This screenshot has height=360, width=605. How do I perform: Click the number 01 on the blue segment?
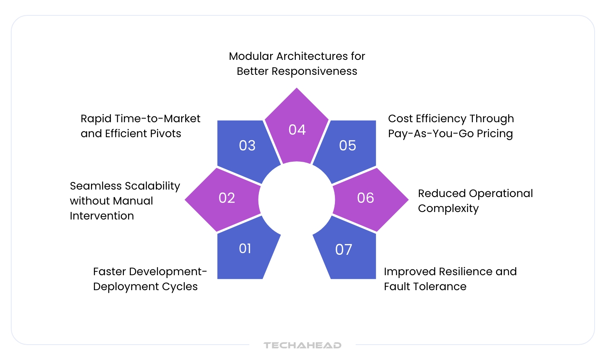coord(245,249)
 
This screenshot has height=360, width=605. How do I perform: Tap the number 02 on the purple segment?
coord(227,198)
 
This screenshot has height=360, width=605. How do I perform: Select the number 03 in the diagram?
coord(247,145)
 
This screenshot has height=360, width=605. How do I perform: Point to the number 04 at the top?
coord(297,130)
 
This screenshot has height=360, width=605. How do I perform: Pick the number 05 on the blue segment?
coord(347,145)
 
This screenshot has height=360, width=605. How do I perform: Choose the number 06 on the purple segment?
coord(366,198)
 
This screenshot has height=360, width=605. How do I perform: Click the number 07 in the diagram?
coord(344,249)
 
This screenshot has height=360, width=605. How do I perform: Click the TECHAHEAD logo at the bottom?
coord(302,345)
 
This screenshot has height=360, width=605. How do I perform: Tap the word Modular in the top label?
coord(251,56)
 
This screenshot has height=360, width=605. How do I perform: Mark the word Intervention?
coord(102,216)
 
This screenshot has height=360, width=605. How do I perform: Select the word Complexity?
coord(448,209)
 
